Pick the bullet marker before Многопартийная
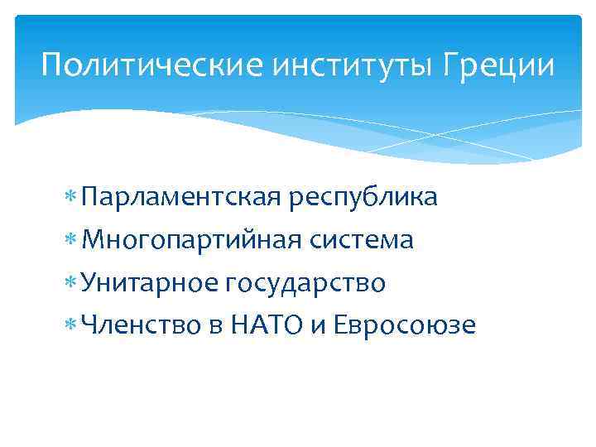click(x=74, y=241)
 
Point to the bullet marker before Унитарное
click(x=74, y=284)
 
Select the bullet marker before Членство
click(x=74, y=326)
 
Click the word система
click(x=362, y=241)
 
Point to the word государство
click(x=304, y=284)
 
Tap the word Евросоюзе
click(x=406, y=326)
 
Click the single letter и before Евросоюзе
click(x=319, y=328)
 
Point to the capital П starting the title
click(x=51, y=64)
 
